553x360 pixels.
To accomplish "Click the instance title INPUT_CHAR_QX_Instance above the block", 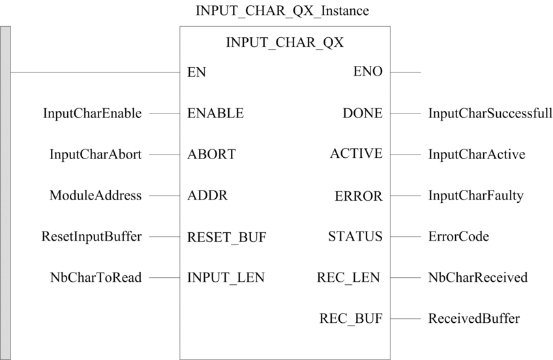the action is coord(282,11).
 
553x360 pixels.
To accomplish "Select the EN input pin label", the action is coord(196,72).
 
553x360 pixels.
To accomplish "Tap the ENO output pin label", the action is coord(368,72).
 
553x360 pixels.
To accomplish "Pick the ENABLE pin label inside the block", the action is coord(215,113).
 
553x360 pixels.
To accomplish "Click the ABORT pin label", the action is coord(211,154).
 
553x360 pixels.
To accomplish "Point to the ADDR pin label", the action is coord(207,196).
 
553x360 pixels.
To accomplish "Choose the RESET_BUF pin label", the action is coord(227,237).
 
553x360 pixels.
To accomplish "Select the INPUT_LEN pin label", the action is coord(226,278).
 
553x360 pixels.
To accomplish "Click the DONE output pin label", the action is coord(363,113).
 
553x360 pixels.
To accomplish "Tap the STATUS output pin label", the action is coord(355,236).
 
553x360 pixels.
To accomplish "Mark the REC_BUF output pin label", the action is coord(351,319).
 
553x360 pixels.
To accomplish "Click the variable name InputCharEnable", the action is coord(93,113).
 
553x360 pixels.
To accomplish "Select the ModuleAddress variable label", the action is coord(96,196).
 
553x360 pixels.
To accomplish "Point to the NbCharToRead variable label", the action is coord(96,277).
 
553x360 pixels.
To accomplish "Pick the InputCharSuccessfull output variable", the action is coord(490,113).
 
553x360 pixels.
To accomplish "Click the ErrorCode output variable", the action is coord(458,236).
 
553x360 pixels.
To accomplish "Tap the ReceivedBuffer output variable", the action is coord(474,318).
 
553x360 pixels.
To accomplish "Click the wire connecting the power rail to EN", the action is coord(95,72).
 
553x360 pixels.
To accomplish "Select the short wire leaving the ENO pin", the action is coord(406,72).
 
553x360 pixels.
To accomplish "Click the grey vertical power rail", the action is coord(5,193).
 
